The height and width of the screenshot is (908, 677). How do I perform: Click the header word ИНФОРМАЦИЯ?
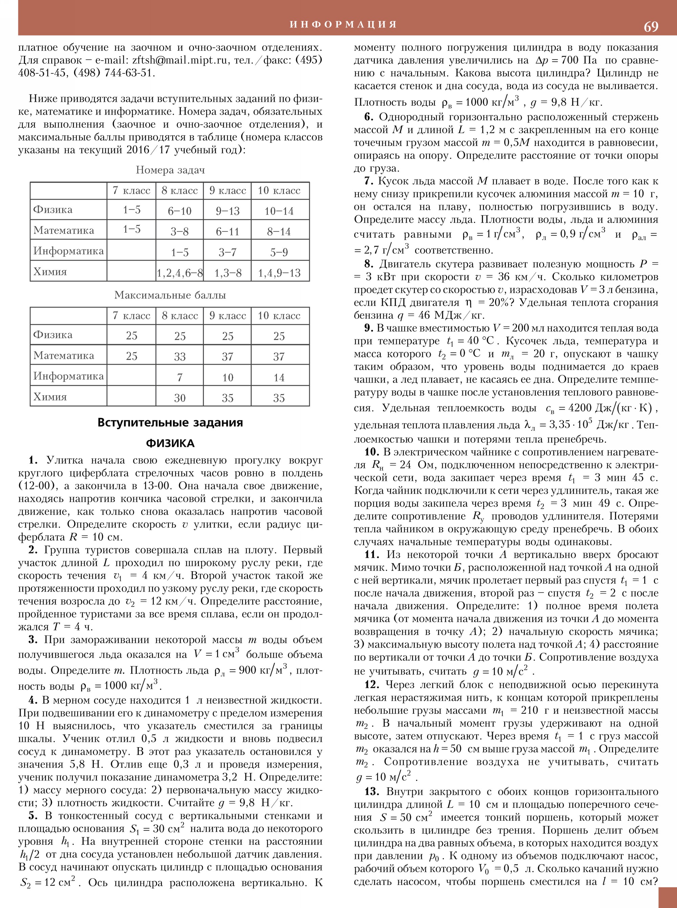344,24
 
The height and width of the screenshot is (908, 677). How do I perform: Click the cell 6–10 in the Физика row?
179,211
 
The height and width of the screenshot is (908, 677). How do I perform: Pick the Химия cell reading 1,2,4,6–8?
179,273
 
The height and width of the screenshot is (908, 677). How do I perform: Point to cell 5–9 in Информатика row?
279,252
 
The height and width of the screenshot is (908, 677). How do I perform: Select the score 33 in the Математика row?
179,356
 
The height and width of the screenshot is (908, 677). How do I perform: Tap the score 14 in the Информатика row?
279,377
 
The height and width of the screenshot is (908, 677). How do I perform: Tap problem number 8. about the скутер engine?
368,264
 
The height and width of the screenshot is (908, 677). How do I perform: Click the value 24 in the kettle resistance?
405,465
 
